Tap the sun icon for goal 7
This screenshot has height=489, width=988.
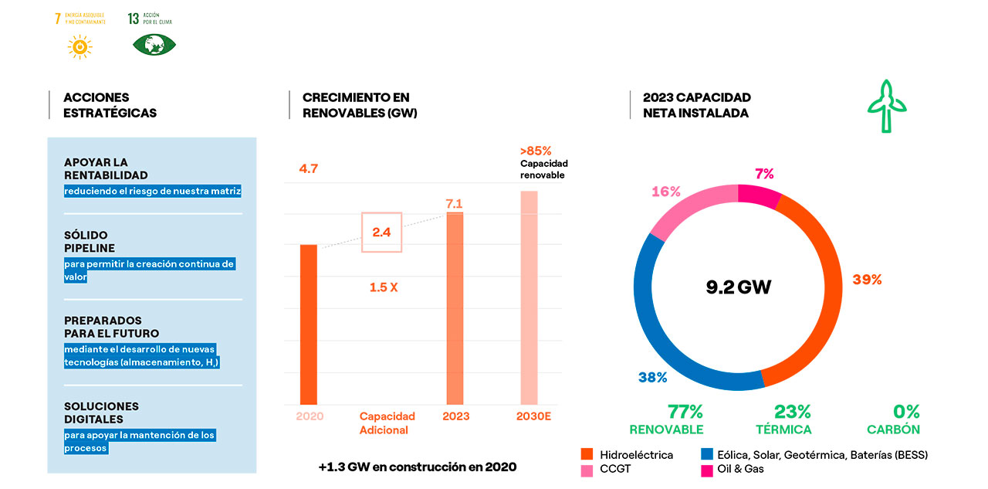[79, 47]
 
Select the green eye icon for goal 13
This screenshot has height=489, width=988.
[154, 45]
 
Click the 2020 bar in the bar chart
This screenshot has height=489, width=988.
[309, 324]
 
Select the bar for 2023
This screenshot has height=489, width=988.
[455, 308]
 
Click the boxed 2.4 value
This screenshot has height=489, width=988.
[382, 232]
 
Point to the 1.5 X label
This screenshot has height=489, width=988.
[384, 287]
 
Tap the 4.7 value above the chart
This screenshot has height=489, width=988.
[309, 168]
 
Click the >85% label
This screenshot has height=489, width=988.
[536, 151]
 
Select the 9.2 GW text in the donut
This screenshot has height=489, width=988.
[739, 287]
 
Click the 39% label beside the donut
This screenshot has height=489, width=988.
[867, 280]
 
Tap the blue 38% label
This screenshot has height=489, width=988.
[652, 377]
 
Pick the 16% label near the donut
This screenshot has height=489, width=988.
[665, 192]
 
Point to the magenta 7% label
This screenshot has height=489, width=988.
[764, 174]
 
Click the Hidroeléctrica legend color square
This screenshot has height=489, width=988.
[586, 455]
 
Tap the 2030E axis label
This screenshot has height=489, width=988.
[534, 416]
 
